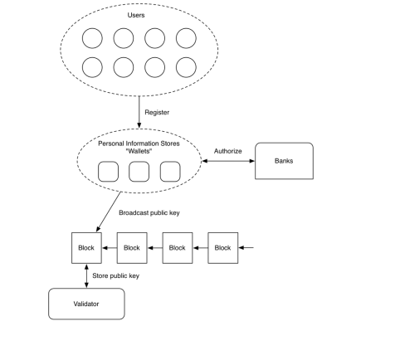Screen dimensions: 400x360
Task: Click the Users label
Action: [x=136, y=15]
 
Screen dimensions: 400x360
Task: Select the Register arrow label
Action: [x=157, y=113]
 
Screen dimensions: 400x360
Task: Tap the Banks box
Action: [x=284, y=161]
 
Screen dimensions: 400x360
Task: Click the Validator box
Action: [x=86, y=304]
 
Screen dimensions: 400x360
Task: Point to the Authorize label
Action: [x=228, y=151]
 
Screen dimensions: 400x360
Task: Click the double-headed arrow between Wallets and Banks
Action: [x=228, y=161]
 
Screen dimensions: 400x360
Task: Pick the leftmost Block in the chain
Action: [x=86, y=248]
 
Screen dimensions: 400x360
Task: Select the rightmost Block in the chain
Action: [x=223, y=248]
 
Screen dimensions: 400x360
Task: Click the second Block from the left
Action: [x=132, y=248]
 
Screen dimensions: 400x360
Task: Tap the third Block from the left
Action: [x=178, y=248]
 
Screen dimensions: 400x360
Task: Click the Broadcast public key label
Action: [x=149, y=213]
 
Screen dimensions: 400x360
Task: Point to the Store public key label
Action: [x=115, y=276]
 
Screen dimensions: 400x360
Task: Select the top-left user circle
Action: [x=92, y=38]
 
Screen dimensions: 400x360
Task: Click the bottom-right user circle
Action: [x=186, y=67]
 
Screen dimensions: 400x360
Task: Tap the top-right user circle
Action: [x=186, y=38]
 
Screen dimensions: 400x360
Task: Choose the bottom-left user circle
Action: [x=92, y=67]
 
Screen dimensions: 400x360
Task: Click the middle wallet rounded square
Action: [x=139, y=172]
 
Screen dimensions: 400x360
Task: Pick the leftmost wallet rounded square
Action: [x=108, y=172]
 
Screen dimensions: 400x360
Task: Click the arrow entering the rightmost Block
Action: [x=246, y=248]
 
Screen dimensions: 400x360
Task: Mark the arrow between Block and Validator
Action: [x=86, y=276]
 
